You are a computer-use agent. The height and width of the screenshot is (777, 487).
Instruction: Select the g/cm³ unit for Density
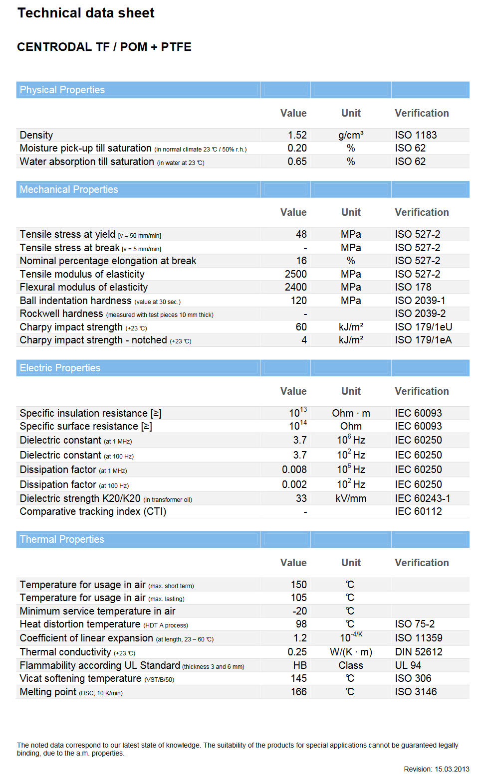(x=351, y=135)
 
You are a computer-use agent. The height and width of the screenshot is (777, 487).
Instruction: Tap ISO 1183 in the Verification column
(x=416, y=135)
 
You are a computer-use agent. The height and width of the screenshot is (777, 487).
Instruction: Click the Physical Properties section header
(x=62, y=90)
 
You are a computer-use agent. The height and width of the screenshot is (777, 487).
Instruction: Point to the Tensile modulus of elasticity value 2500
(x=295, y=274)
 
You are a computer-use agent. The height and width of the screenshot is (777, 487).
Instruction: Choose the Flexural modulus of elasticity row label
(x=84, y=287)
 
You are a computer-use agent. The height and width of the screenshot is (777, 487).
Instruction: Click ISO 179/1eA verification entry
(x=423, y=340)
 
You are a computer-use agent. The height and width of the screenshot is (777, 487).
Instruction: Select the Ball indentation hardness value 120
(x=298, y=301)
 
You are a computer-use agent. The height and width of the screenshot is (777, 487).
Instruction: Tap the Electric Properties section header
(x=60, y=368)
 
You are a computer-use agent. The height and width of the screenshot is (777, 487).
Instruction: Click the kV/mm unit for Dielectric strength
(x=351, y=498)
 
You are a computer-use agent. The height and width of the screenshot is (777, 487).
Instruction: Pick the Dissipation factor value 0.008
(x=294, y=469)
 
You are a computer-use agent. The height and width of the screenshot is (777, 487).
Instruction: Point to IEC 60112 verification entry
(x=418, y=511)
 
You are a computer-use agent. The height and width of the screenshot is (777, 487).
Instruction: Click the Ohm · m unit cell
(x=351, y=413)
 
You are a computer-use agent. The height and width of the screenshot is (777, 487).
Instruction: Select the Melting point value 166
(x=298, y=692)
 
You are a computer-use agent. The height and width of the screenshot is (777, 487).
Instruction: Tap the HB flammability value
(x=300, y=665)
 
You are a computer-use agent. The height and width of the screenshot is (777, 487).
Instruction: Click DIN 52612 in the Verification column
(x=419, y=652)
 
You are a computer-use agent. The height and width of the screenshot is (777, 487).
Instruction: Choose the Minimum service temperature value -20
(x=299, y=611)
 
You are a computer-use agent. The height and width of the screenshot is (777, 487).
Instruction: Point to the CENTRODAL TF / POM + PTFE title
(x=104, y=47)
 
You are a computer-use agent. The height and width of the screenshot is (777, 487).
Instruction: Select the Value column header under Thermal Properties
(x=293, y=563)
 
